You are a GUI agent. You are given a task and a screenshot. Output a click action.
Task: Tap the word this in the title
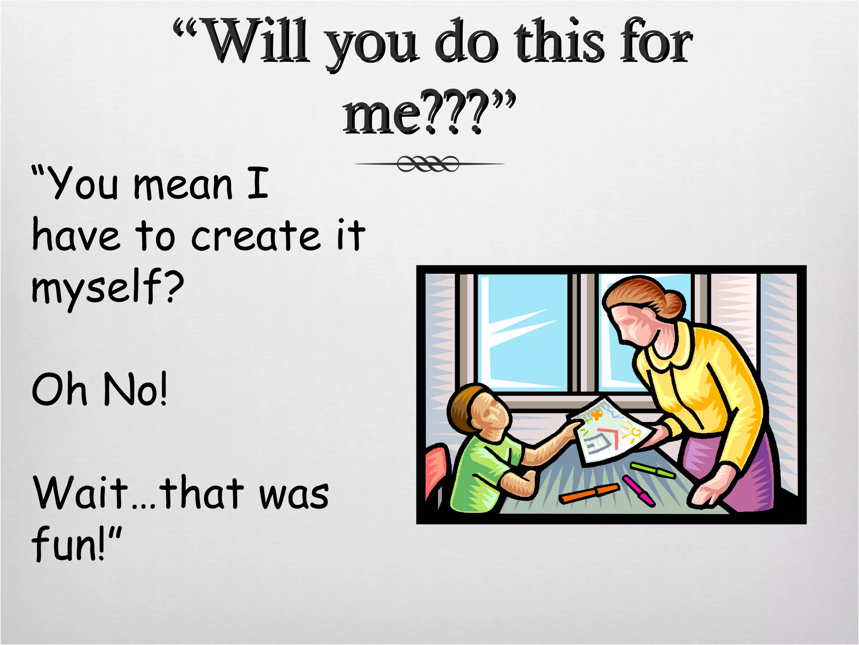pos(560,42)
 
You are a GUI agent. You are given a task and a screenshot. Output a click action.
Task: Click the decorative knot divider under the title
pos(428,164)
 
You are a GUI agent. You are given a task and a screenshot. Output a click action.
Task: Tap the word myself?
pos(107,287)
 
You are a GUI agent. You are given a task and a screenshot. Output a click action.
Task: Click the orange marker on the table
pos(589,493)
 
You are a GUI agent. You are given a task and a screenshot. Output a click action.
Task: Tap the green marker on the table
pos(653,470)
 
